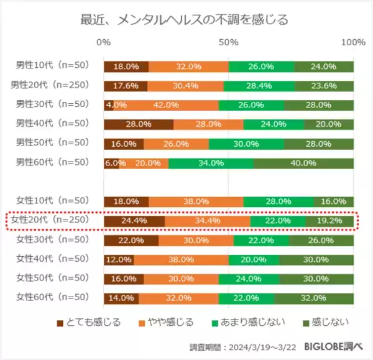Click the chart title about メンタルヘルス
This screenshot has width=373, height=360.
[x=185, y=19]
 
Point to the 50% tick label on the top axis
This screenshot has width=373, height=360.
[x=229, y=42]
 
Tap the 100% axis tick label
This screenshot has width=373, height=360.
[x=353, y=42]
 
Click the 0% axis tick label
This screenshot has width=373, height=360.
[x=104, y=42]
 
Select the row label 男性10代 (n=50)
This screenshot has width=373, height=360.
[x=53, y=66]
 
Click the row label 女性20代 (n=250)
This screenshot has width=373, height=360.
[x=53, y=220]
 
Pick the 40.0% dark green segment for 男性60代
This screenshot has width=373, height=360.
[x=303, y=163]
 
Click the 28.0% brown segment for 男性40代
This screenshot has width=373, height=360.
[x=139, y=124]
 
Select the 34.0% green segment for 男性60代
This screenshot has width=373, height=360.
[x=211, y=163]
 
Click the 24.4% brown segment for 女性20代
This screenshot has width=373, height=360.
[x=134, y=221]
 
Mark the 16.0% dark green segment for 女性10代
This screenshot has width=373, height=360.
[x=333, y=201]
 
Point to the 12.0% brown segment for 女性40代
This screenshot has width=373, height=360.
[x=119, y=259]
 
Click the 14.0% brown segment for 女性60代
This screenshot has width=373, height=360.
[x=121, y=298]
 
